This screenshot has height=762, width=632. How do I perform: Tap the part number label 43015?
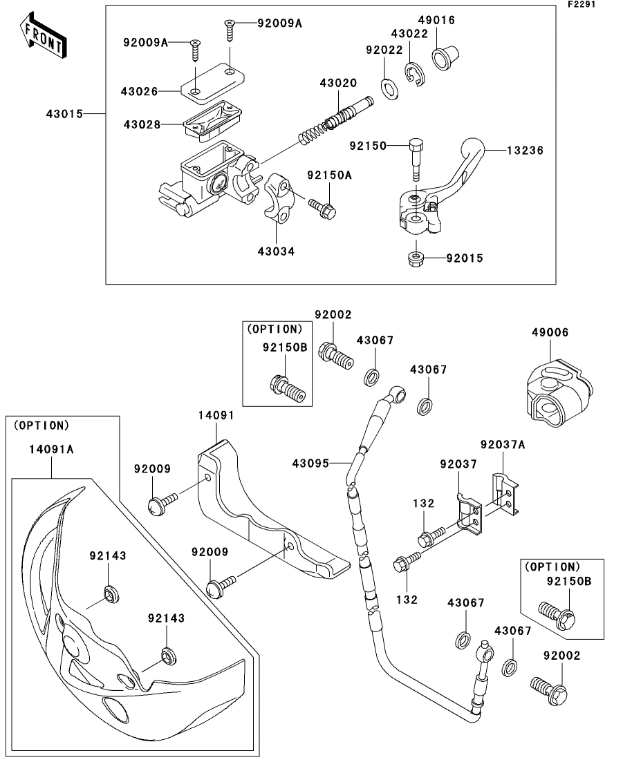click(x=65, y=114)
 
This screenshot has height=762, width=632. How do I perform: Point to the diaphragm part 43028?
click(x=212, y=121)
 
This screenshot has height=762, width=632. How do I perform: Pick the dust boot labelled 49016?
click(x=445, y=57)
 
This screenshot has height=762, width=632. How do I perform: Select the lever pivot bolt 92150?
click(x=416, y=161)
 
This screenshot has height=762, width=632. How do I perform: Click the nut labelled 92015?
click(x=414, y=258)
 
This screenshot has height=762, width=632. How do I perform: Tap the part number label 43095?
click(x=310, y=463)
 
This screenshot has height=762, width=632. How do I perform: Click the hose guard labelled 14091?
click(x=272, y=510)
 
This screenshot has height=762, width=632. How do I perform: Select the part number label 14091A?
click(x=51, y=449)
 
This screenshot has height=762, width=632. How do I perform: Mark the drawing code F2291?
click(x=582, y=4)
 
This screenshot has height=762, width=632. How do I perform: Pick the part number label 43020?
click(x=338, y=83)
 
